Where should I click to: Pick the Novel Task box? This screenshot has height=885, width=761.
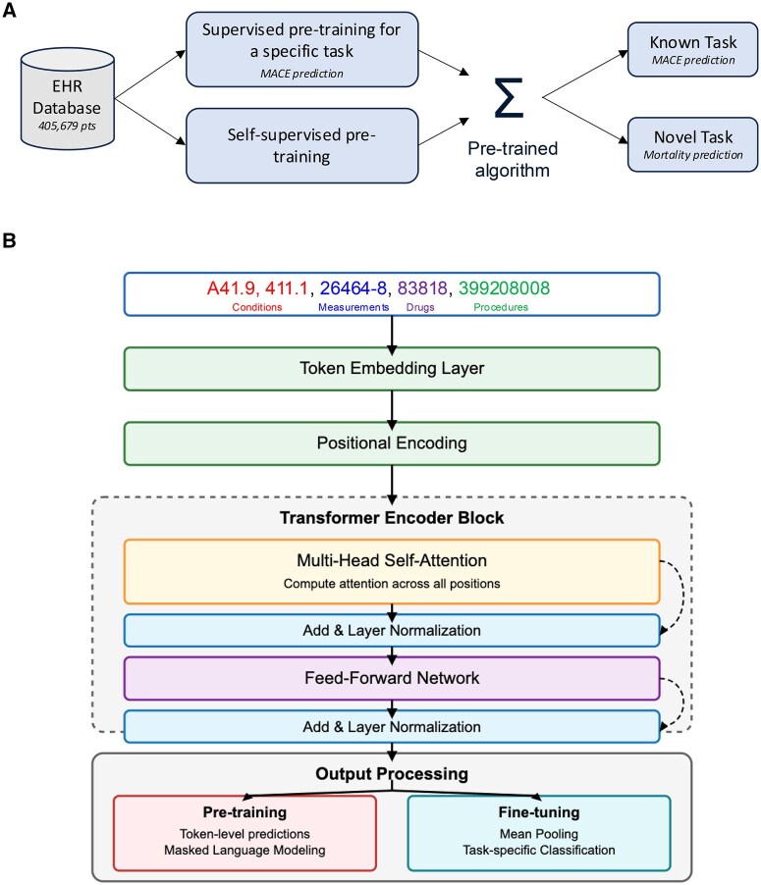[x=680, y=142]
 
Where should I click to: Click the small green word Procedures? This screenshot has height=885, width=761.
[x=501, y=306]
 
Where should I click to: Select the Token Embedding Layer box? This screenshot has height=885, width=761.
[x=391, y=368]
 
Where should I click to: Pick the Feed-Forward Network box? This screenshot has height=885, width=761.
[x=391, y=677]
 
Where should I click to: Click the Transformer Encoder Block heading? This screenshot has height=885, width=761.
[x=391, y=518]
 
